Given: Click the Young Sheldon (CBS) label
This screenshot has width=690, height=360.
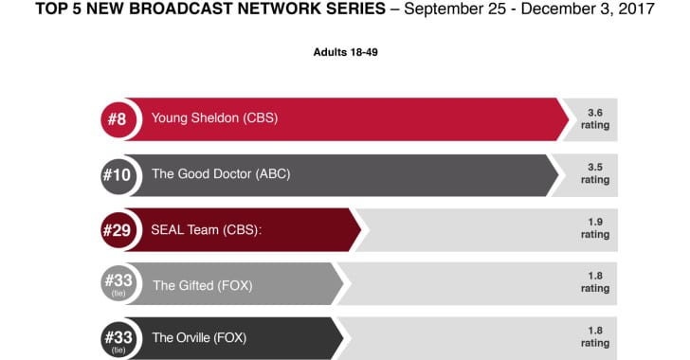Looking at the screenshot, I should coord(214,119).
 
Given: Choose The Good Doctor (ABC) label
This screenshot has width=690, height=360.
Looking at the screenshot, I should coord(221,174).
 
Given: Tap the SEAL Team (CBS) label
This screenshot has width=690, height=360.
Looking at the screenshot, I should coord(207,229).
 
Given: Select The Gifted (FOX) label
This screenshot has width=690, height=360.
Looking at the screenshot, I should coord(202,284).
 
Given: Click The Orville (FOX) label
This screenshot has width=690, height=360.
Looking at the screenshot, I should coord(203,338).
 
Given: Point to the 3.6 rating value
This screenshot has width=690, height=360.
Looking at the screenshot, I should coord(595,118).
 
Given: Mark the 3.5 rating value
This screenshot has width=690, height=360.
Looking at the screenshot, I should coord(595,173).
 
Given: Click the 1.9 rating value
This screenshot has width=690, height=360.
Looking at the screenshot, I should coord(595,228).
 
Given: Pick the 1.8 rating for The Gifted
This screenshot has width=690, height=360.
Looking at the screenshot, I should coord(595,282).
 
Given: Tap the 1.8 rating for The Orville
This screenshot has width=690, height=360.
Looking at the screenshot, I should coord(595,336).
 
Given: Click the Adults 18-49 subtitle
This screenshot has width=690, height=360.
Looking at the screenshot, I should coord(345,52).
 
